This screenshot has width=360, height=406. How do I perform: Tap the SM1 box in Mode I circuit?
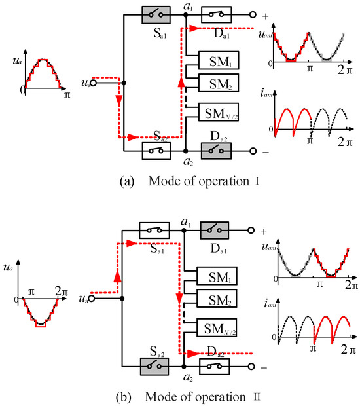[219, 63]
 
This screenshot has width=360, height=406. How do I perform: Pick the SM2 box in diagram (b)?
[219, 301]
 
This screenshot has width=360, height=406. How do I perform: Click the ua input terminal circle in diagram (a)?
[94, 83]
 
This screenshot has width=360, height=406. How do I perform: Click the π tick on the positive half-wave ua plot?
[66, 96]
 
